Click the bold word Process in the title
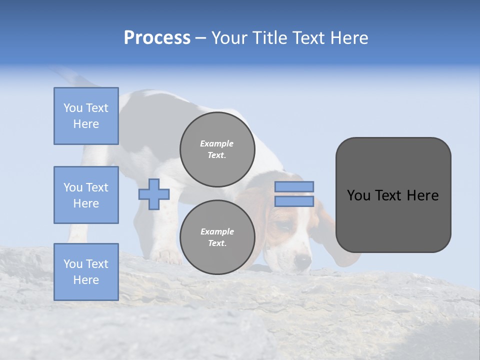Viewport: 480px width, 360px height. [157, 38]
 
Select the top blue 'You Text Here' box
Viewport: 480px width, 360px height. [86, 116]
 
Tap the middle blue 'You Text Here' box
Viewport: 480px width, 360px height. [86, 195]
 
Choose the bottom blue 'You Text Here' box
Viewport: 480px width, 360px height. [86, 272]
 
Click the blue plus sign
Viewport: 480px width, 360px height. [154, 194]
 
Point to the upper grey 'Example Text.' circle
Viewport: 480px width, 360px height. [217, 149]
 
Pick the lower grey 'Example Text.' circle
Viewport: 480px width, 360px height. [217, 237]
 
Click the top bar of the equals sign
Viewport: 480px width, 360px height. [294, 186]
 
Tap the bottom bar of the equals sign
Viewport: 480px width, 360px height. [294, 201]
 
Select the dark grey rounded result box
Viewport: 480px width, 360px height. [393, 195]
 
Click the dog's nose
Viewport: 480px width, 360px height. [302, 260]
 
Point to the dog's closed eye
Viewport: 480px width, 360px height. [283, 227]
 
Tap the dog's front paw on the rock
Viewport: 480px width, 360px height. [167, 256]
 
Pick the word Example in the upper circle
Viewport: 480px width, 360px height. [217, 143]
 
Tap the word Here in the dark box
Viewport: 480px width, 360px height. [422, 195]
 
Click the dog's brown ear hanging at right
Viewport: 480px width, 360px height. [340, 240]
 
